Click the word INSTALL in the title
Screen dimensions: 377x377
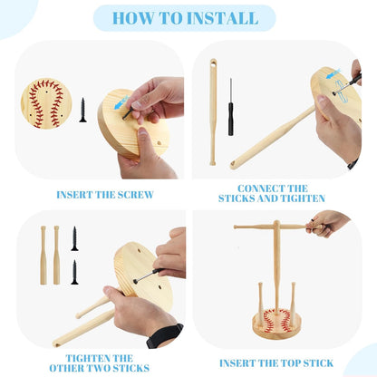[222, 18]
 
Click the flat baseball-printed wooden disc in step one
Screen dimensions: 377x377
[46, 103]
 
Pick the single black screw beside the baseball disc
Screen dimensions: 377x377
[82, 110]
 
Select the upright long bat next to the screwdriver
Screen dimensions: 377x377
[213, 111]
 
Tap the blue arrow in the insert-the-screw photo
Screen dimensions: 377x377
[121, 102]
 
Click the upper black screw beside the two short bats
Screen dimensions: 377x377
[74, 238]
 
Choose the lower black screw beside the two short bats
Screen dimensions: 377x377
[74, 272]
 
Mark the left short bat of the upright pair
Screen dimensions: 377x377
[43, 256]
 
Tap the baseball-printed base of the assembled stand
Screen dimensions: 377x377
[276, 324]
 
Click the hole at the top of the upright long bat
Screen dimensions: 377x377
[214, 63]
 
